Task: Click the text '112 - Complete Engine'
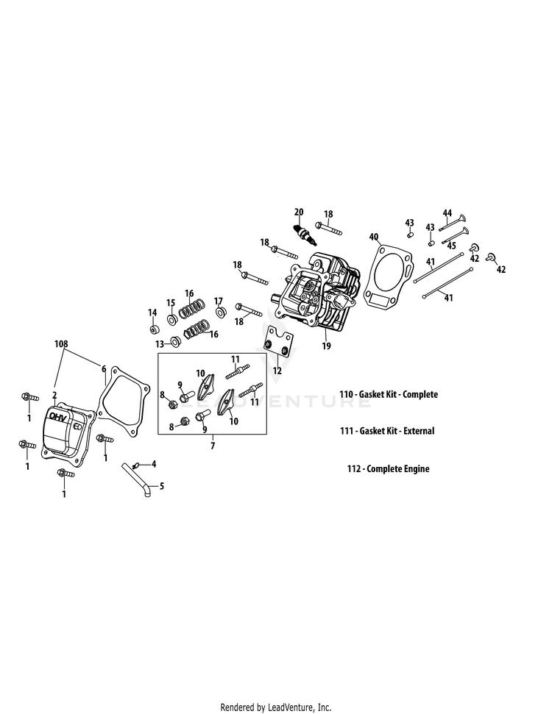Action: (x=389, y=468)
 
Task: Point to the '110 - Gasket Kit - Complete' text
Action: (x=389, y=394)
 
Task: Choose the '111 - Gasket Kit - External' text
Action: (x=387, y=431)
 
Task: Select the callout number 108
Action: (x=61, y=343)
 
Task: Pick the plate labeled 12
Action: (x=278, y=345)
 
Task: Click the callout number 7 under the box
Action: (x=213, y=446)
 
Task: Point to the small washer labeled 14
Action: (x=152, y=327)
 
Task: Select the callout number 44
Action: (x=447, y=213)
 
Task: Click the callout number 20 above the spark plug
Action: (x=299, y=211)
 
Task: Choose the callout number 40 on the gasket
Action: (x=374, y=237)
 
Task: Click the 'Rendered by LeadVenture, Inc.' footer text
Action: (x=276, y=707)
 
